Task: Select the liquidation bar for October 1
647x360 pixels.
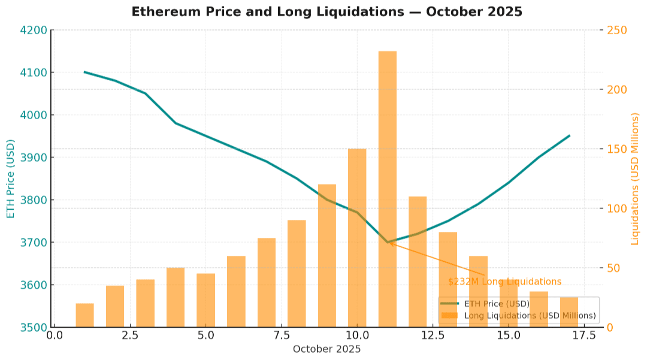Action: coord(84,315)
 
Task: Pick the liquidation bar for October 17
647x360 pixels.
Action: coord(569,312)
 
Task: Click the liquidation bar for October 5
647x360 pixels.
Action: coord(205,300)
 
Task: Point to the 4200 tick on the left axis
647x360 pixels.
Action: coord(34,30)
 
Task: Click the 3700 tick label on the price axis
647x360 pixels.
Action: coord(34,243)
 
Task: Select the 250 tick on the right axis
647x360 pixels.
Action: coord(617,30)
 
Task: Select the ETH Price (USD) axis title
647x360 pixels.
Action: coord(11,179)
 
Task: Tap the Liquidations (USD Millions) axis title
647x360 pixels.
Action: coord(636,179)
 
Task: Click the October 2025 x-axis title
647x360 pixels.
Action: coord(326,349)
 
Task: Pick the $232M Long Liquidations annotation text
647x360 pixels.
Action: coord(504,282)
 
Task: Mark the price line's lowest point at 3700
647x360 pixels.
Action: coord(388,243)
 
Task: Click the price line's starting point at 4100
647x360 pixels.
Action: coord(84,72)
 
